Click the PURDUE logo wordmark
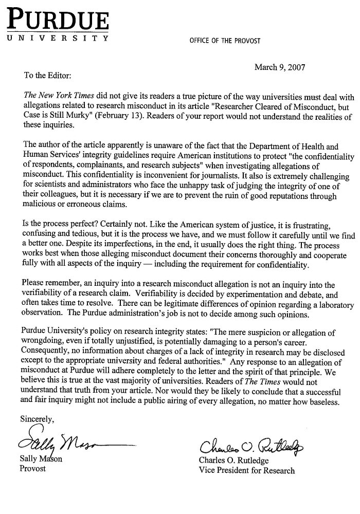pos(58,20)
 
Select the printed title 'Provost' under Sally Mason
pos(33,469)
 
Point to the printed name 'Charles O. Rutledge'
pos(235,461)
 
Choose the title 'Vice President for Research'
pos(247,470)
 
